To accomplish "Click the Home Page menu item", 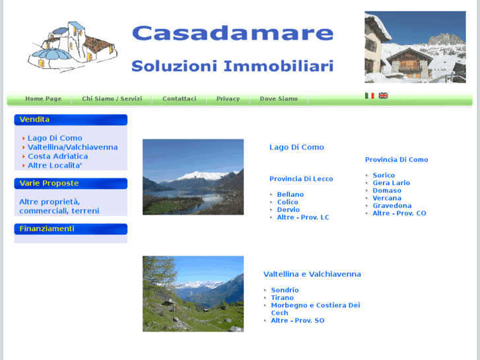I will pyautogui.click(x=44, y=99).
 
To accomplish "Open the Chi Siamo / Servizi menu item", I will pyautogui.click(x=112, y=99).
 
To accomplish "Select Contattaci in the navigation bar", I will pyautogui.click(x=179, y=99).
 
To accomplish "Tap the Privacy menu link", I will pyautogui.click(x=228, y=99).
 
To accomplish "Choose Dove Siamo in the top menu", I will pyautogui.click(x=279, y=99).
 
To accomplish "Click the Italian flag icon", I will pyautogui.click(x=370, y=96).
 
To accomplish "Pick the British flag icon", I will pyautogui.click(x=383, y=96).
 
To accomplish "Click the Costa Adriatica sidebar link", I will pyautogui.click(x=57, y=157).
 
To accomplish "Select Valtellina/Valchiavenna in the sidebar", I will pyautogui.click(x=73, y=147).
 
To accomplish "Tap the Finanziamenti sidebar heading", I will pyautogui.click(x=47, y=229).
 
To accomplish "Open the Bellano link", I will pyautogui.click(x=291, y=195).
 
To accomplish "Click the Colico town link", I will pyautogui.click(x=288, y=202).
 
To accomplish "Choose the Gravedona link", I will pyautogui.click(x=392, y=206).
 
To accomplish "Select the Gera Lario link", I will pyautogui.click(x=391, y=183).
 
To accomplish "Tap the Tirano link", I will pyautogui.click(x=282, y=298).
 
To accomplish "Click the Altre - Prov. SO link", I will pyautogui.click(x=297, y=320).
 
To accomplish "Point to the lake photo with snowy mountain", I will pyautogui.click(x=193, y=176).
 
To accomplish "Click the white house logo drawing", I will pyautogui.click(x=73, y=46).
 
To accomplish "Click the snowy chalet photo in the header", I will pyautogui.click(x=415, y=47).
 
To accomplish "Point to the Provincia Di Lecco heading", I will pyautogui.click(x=301, y=179).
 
